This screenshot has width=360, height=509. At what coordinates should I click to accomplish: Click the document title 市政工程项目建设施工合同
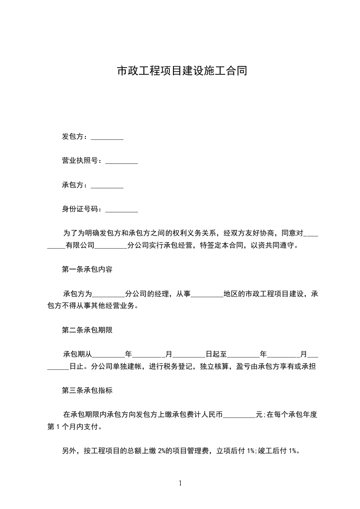click(x=182, y=71)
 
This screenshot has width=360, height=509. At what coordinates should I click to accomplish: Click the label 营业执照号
click(x=80, y=161)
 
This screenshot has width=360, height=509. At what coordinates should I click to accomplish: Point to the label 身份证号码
click(x=80, y=210)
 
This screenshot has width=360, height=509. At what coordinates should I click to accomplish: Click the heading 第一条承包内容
click(x=87, y=269)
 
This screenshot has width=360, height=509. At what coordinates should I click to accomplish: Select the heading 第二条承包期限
click(x=87, y=330)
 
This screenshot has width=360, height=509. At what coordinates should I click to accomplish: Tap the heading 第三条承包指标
click(x=87, y=390)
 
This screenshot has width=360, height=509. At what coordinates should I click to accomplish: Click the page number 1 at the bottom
click(x=180, y=484)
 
